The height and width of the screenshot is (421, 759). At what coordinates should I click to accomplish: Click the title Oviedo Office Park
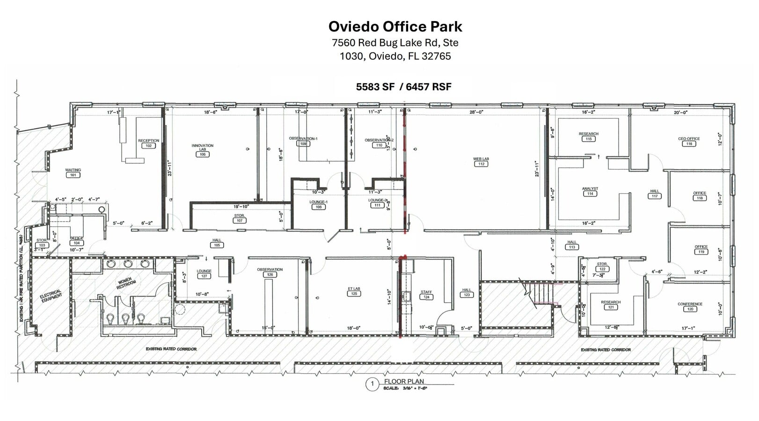[395, 26]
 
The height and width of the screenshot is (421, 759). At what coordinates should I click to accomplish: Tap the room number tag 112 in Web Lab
[481, 164]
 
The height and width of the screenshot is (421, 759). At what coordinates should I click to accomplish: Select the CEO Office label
[689, 139]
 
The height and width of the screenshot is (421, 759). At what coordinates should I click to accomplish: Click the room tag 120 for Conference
[690, 309]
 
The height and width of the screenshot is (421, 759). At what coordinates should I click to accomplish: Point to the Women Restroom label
[125, 284]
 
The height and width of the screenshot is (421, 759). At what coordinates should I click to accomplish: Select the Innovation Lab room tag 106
[203, 154]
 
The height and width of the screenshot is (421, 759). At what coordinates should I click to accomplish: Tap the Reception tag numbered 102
[148, 146]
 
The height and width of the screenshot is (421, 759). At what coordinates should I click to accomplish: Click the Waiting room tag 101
[73, 175]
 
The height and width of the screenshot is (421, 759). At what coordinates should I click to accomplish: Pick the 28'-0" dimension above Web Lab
[476, 112]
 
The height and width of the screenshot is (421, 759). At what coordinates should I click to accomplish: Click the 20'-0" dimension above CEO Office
[680, 112]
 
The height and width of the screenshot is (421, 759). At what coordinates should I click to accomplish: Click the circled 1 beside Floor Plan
[372, 385]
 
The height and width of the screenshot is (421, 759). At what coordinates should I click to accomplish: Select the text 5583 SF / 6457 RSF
[403, 87]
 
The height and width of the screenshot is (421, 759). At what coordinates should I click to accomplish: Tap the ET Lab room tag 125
[354, 294]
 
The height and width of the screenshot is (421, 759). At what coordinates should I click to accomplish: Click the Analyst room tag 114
[590, 194]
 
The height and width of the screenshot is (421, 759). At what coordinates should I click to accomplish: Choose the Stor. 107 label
[239, 218]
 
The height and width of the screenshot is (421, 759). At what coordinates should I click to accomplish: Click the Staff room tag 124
[426, 297]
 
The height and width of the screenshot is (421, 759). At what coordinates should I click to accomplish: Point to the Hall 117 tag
[655, 196]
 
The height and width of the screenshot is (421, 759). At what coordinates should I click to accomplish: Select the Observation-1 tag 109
[303, 144]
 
